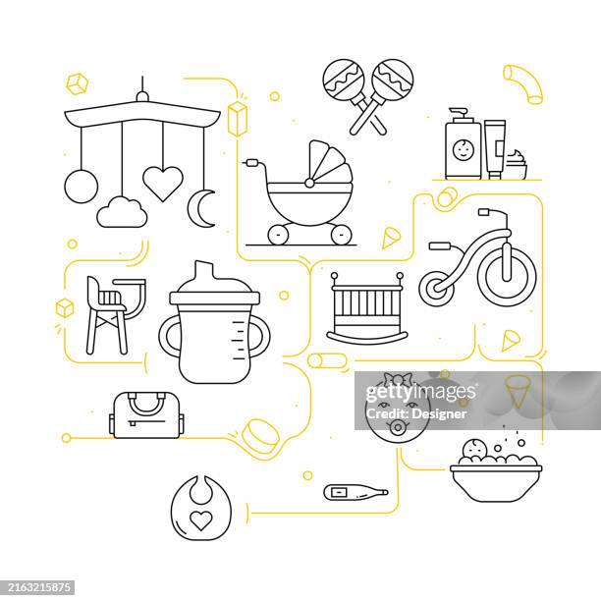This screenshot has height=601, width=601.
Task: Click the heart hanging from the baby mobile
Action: pyautogui.click(x=162, y=183)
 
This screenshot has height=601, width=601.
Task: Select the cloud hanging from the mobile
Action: pyautogui.click(x=122, y=211)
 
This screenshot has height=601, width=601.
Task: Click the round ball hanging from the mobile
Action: pyautogui.click(x=81, y=185)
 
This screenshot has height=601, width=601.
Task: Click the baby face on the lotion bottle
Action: pyautogui.click(x=462, y=151)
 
